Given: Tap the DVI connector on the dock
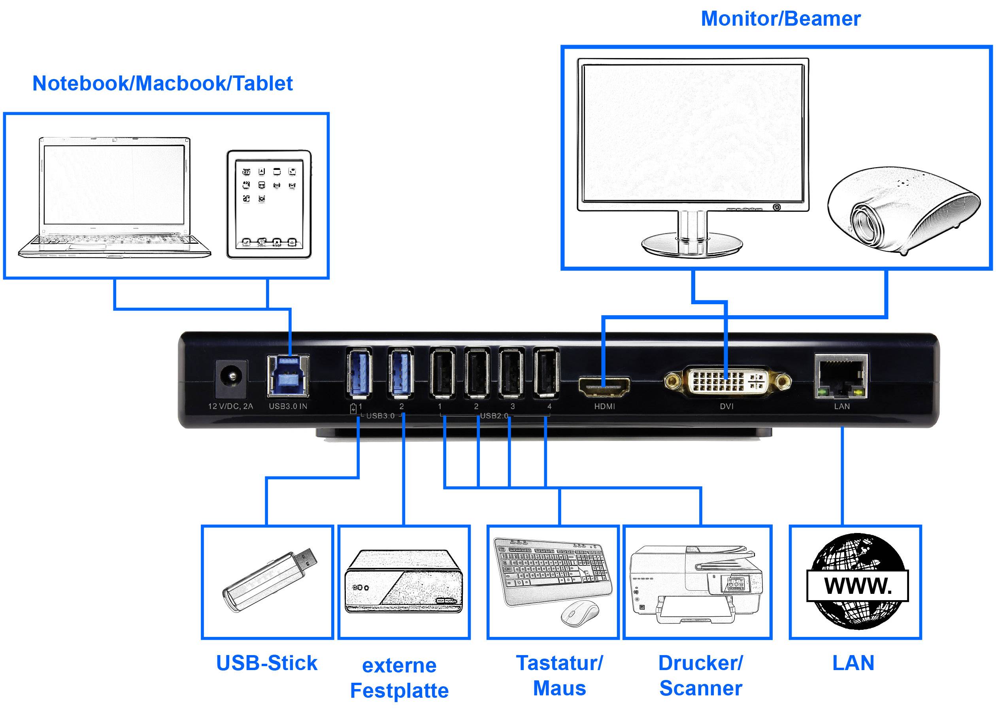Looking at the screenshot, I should (x=727, y=381).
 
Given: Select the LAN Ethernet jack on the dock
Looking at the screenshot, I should (x=841, y=377).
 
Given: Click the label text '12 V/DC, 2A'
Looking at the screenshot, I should (x=230, y=406).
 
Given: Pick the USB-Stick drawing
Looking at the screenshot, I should (x=270, y=580).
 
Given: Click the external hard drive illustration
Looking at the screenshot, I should (x=403, y=582).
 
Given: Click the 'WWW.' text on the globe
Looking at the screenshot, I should (x=857, y=586).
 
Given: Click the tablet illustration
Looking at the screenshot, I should (x=269, y=205).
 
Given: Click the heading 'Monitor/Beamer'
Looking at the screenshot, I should (x=781, y=19).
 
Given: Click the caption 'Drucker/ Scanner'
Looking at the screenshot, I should (x=700, y=676).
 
